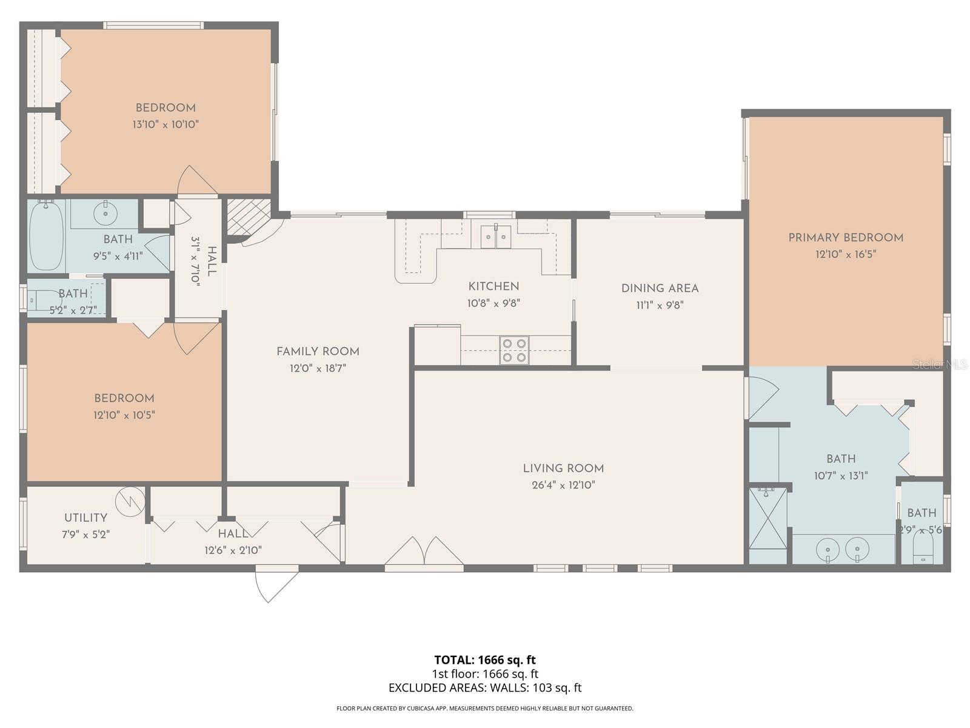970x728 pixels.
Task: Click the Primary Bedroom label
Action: click(845, 238)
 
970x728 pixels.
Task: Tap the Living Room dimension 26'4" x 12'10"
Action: click(563, 485)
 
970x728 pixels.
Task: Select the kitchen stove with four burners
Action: click(514, 351)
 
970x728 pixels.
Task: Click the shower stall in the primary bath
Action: click(768, 517)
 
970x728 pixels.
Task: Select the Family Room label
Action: click(318, 352)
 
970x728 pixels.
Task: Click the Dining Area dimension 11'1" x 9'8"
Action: click(660, 306)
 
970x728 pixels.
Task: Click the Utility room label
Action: click(85, 518)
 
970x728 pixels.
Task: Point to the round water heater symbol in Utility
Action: click(131, 500)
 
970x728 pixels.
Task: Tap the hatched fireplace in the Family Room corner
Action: click(247, 217)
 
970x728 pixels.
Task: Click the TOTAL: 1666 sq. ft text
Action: click(484, 660)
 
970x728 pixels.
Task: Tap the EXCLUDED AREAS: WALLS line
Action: click(484, 688)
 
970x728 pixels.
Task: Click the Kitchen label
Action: click(493, 286)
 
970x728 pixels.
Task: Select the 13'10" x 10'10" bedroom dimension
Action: click(166, 125)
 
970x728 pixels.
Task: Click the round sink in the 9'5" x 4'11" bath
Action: click(105, 213)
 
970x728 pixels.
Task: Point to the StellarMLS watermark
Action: click(940, 364)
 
